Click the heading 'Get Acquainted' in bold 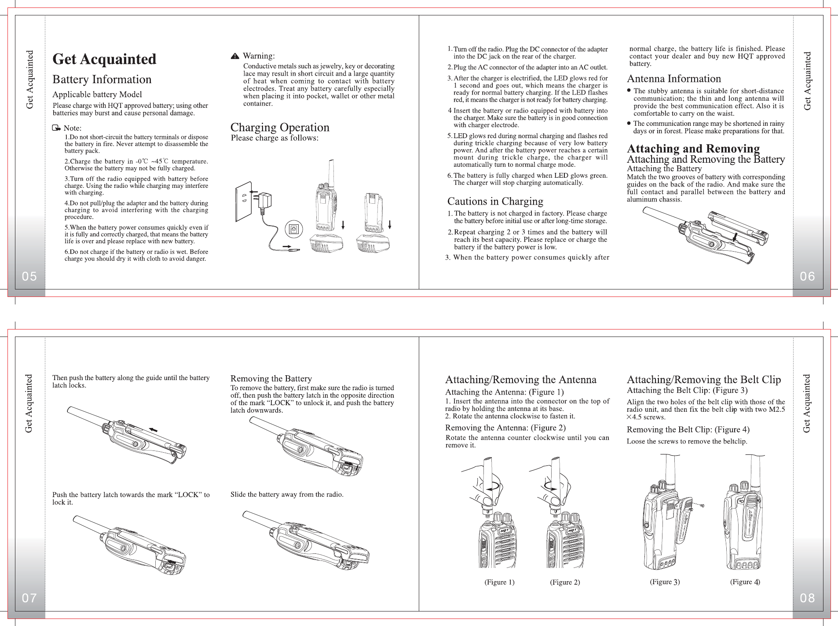pos(104,59)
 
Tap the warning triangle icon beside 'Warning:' pos(235,56)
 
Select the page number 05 pos(29,276)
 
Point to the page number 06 pos(808,276)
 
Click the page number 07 pos(29,598)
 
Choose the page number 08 pos(808,598)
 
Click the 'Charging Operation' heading pos(280,128)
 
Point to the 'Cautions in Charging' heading pos(495,201)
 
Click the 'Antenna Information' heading pos(673,79)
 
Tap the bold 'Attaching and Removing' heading pos(693,149)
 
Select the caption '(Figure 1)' pos(499,582)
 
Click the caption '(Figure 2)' pos(565,582)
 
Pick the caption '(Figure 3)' pos(665,582)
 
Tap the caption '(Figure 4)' pos(745,582)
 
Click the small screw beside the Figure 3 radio pos(702,506)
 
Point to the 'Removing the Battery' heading pos(271,379)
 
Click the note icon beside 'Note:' pos(56,128)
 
